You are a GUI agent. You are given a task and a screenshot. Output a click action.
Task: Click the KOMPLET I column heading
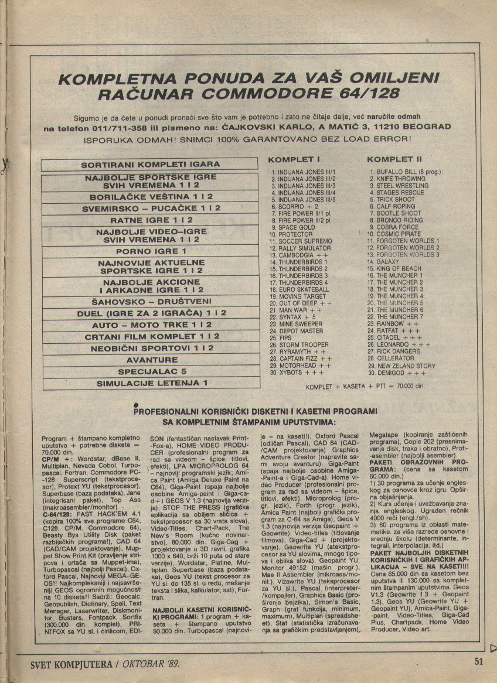tap(293, 159)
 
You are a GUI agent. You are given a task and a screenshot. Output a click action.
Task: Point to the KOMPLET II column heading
tap(394, 159)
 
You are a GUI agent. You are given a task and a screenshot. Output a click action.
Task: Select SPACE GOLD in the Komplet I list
tap(297, 227)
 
